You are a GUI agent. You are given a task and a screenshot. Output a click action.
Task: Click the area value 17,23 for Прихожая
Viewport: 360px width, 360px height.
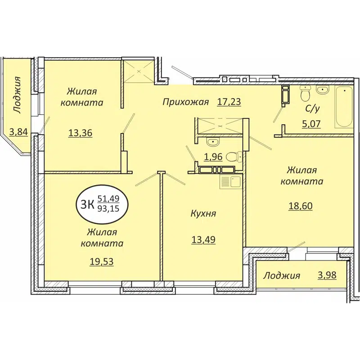(x=229, y=102)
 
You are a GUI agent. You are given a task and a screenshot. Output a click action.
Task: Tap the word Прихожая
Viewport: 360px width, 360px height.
(x=185, y=102)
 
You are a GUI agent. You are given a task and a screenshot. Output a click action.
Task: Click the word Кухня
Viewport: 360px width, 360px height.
(x=203, y=213)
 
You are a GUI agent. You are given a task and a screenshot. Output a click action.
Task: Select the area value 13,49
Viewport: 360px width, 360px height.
(x=203, y=239)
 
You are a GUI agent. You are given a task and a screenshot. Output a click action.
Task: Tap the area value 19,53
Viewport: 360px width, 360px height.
(x=101, y=261)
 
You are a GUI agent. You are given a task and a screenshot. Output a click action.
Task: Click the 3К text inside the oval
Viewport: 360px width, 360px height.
(x=87, y=204)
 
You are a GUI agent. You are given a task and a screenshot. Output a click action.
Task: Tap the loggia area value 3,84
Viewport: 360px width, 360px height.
(x=17, y=132)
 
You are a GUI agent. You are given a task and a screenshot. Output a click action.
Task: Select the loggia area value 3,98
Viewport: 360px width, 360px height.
(x=327, y=275)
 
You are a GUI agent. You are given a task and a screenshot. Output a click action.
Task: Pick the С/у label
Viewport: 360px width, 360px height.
(x=311, y=108)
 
